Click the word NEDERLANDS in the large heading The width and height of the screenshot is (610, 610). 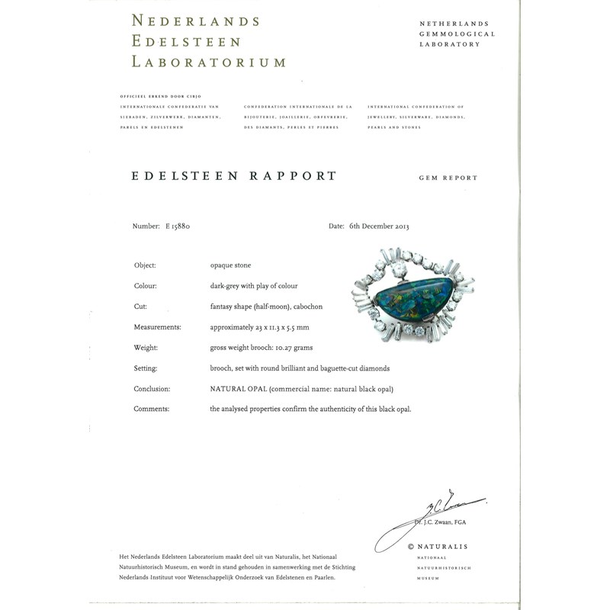point(195,21)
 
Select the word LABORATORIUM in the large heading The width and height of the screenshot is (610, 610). point(209,62)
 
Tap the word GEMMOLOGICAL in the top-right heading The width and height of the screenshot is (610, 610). point(457,34)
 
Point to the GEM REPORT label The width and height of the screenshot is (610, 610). point(448,178)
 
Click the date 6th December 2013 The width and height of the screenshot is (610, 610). point(378,226)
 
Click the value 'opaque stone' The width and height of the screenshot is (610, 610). point(230,265)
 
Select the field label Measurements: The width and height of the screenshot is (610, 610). point(159,327)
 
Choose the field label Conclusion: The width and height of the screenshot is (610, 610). point(152,389)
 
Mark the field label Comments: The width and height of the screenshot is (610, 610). point(151,409)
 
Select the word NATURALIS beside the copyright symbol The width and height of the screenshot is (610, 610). point(443,547)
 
